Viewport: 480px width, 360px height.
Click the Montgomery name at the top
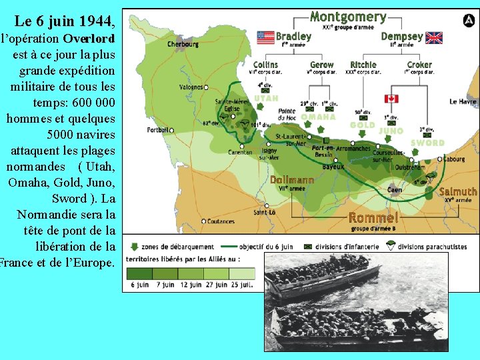click(348, 17)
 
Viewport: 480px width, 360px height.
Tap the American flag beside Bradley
click(265, 37)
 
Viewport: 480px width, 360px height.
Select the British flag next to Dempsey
click(434, 37)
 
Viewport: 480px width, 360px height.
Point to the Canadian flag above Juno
click(391, 99)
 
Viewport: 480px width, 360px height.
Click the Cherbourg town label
click(183, 44)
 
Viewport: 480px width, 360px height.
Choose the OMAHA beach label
click(318, 117)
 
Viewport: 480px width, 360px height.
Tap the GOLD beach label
click(362, 125)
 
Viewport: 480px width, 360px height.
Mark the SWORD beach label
click(427, 143)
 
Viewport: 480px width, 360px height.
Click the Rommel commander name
click(373, 218)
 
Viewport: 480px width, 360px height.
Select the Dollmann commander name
click(292, 180)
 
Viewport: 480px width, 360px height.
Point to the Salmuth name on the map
click(458, 192)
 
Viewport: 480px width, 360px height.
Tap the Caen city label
click(395, 189)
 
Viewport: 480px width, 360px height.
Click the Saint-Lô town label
click(264, 213)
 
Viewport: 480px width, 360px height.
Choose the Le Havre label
click(463, 102)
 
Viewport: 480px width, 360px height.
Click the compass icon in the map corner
click(469, 20)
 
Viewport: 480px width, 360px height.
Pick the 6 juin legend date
click(139, 285)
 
